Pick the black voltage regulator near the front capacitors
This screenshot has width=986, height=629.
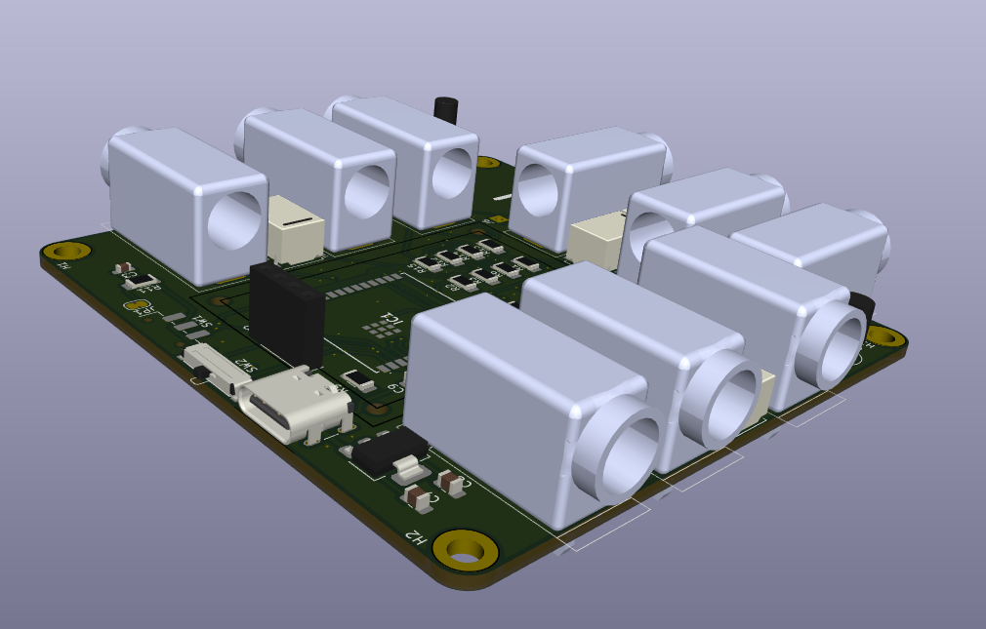[x=390, y=450]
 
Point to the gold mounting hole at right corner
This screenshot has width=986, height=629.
[x=885, y=336]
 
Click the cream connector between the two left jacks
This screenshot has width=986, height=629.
[x=295, y=226]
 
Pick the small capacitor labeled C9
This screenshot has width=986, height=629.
[x=361, y=380]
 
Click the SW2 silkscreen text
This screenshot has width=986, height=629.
[x=244, y=365]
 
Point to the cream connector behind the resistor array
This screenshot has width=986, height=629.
[x=596, y=240]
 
